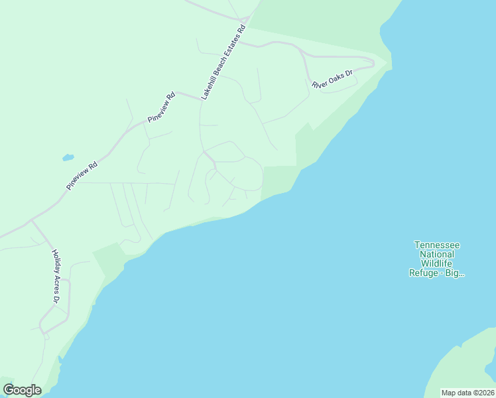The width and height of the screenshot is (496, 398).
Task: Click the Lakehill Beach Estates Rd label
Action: tap(223, 62)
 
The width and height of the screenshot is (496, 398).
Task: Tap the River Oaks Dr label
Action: tap(332, 78)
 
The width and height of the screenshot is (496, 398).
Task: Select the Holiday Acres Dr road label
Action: tap(56, 277)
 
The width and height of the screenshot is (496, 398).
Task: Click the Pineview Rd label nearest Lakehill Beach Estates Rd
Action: tap(162, 106)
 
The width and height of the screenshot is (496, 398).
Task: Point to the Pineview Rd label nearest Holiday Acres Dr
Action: tap(82, 176)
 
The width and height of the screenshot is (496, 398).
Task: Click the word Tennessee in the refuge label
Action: tap(436, 245)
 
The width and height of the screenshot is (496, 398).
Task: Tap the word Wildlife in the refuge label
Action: tap(436, 263)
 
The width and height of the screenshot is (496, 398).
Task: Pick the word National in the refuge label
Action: tap(436, 254)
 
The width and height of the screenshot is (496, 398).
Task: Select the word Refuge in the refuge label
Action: tap(424, 273)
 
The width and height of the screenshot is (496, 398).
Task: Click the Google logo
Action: tap(22, 390)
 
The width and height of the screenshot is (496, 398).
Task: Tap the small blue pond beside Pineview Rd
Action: tap(68, 158)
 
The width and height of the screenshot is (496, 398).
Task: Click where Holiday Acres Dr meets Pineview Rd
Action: tap(31, 221)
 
